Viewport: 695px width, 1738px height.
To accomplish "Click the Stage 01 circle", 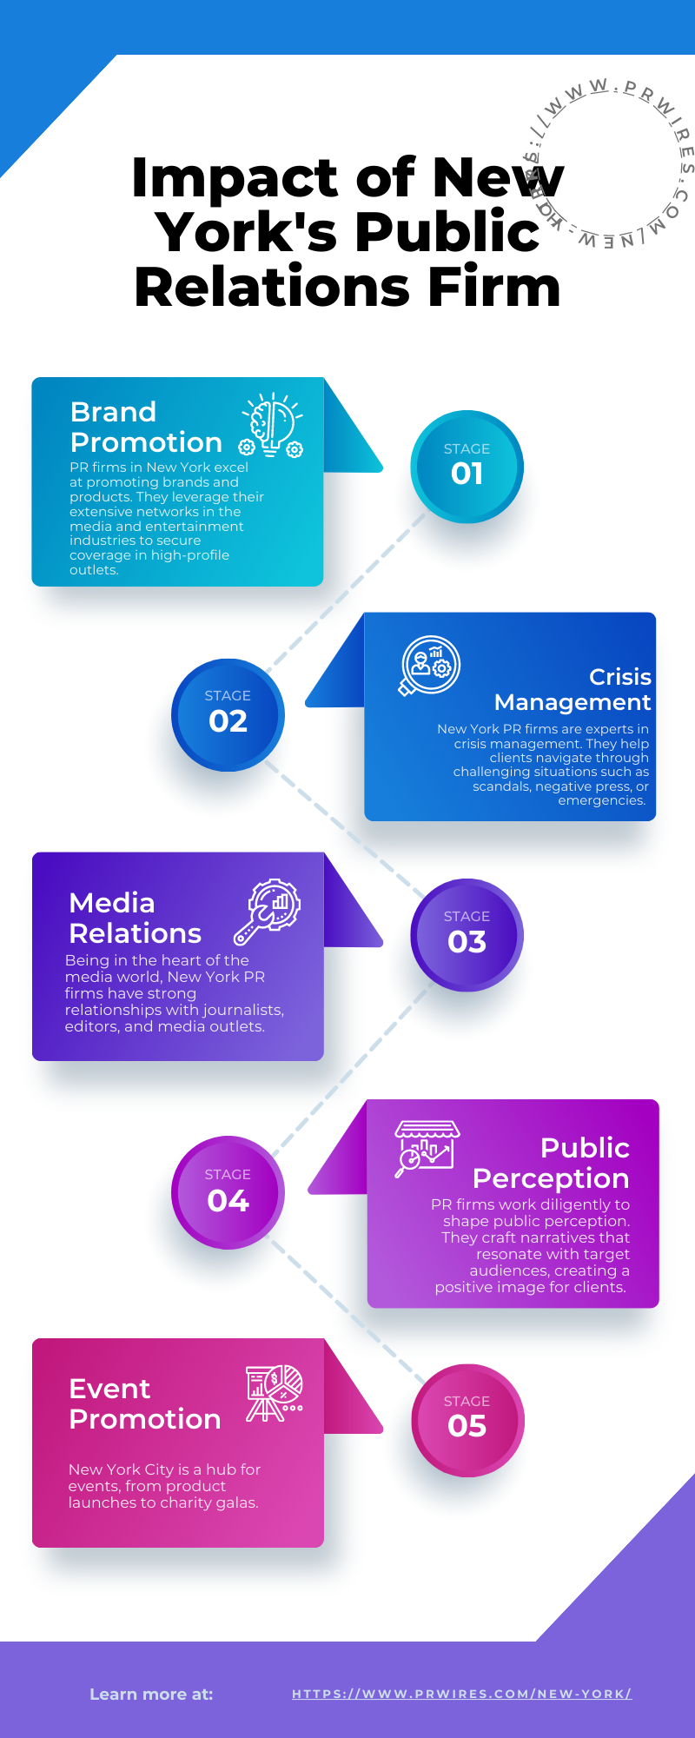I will (x=467, y=467).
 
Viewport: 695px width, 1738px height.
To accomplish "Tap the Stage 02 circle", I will (x=228, y=714).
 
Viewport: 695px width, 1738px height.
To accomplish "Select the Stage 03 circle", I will (x=467, y=935).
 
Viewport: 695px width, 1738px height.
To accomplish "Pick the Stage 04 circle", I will (x=228, y=1192).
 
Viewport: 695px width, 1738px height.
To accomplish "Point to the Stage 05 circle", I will (x=467, y=1420).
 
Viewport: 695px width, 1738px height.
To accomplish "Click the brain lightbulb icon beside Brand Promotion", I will (x=273, y=425).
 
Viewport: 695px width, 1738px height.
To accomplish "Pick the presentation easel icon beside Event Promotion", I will (x=274, y=1393).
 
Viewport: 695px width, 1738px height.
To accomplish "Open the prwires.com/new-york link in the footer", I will (x=461, y=1694).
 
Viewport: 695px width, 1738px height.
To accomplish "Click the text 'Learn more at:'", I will (x=151, y=1694).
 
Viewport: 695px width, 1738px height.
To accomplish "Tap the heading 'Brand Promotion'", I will (x=145, y=427).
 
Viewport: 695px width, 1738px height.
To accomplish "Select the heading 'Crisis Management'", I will (x=573, y=689).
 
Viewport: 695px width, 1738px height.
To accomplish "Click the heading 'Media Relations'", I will (x=135, y=918).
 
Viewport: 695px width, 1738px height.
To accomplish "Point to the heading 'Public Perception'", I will (x=553, y=1163).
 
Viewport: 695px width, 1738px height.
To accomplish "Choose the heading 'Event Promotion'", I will (x=144, y=1403).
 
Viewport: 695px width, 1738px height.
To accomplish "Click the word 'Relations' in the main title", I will (x=272, y=287).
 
